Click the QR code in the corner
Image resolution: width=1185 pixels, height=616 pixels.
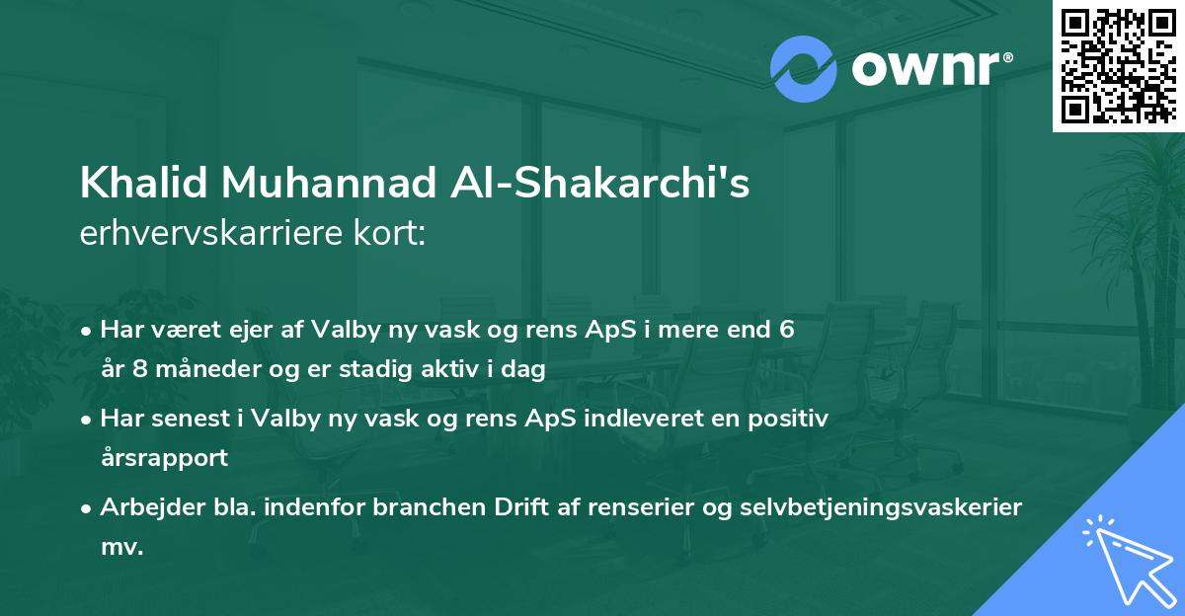pyautogui.click(x=1119, y=65)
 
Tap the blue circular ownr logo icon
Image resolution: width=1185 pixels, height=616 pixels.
pyautogui.click(x=803, y=69)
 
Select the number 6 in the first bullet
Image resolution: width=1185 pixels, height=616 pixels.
pyautogui.click(x=786, y=330)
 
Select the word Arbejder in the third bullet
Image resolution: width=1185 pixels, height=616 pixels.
pyautogui.click(x=146, y=507)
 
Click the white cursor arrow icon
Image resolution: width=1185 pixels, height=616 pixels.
pyautogui.click(x=1124, y=557)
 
